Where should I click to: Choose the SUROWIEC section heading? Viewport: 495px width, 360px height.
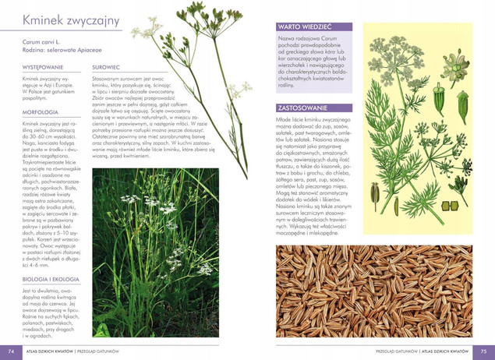tap(105, 69)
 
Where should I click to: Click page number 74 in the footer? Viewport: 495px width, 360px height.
tap(9, 351)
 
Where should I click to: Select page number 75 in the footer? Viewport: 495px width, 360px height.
tap(484, 351)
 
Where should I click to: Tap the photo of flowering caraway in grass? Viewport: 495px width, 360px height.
tap(167, 253)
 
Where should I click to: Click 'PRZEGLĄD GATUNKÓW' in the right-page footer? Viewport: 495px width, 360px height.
tap(394, 351)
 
